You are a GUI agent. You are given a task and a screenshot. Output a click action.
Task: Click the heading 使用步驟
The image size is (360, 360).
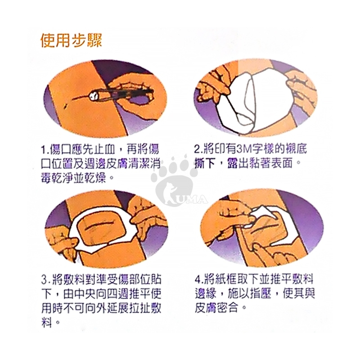[x=71, y=40]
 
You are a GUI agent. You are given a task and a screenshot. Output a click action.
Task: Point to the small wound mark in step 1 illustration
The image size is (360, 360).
[x=65, y=106]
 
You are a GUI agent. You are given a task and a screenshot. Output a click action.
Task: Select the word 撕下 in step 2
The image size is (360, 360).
[x=205, y=163]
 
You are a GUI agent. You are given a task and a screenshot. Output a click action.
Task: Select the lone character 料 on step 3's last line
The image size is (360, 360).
[x=47, y=322]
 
